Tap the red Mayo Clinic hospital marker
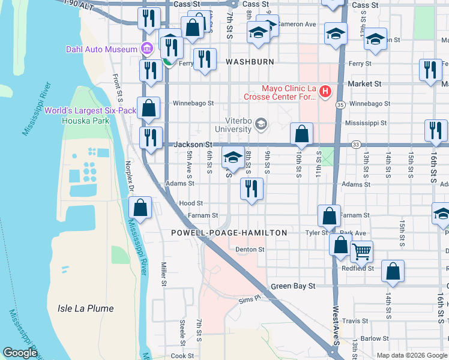coord(325,92)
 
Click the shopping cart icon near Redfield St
coord(361,252)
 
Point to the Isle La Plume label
coord(85,308)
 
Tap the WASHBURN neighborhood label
coord(250,62)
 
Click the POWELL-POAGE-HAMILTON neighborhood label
coord(229,232)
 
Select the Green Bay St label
coord(293,286)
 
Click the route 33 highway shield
coord(356,144)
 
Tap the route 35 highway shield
coord(340,105)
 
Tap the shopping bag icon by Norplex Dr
coord(140,208)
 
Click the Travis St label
coord(355,321)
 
